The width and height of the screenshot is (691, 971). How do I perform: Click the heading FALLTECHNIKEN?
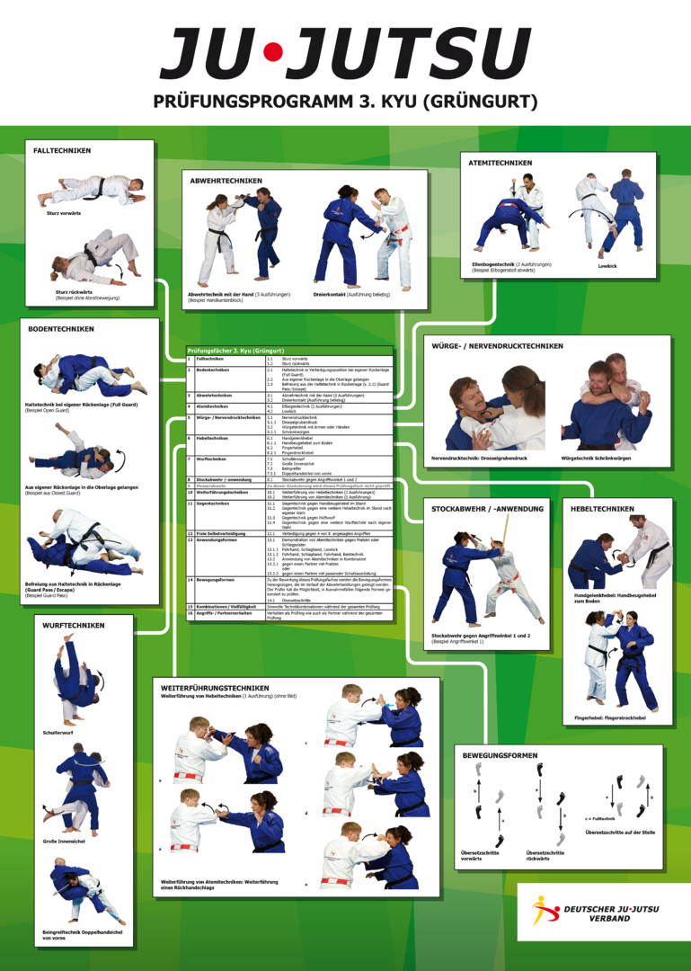[62, 151]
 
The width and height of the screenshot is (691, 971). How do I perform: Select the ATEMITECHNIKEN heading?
[501, 163]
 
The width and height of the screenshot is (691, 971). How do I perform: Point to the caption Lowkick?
[607, 266]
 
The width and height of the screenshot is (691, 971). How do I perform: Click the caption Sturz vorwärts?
[64, 213]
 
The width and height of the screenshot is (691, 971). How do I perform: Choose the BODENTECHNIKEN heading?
[61, 329]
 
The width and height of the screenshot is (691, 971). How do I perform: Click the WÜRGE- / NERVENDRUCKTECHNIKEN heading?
[498, 346]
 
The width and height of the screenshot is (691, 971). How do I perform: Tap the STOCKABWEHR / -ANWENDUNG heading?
[488, 509]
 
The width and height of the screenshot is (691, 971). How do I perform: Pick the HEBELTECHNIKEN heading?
[602, 509]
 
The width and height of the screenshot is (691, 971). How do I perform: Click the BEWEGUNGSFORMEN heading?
[500, 755]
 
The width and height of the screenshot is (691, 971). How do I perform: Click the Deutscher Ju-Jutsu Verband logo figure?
[544, 910]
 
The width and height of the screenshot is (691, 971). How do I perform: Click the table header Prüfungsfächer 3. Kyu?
[235, 350]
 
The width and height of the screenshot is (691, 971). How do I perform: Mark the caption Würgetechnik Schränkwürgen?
[596, 458]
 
